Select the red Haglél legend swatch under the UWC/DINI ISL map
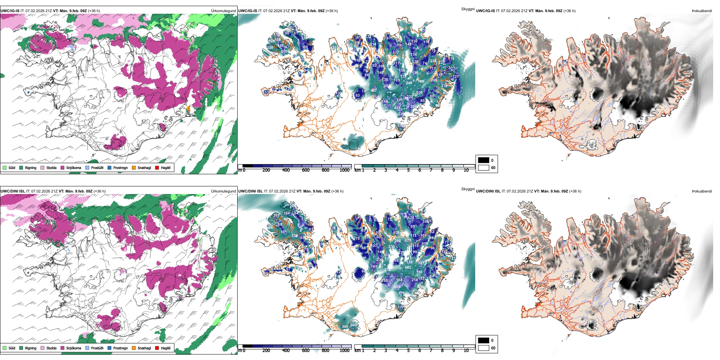coord(157,348)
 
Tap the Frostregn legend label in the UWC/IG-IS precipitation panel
coord(120,167)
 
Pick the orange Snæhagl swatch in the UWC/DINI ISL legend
coord(134,348)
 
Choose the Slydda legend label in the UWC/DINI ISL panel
coord(52,348)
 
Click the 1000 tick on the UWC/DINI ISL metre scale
coord(344,350)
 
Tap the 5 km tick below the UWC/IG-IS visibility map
coord(408,170)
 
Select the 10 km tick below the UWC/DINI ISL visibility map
coord(466,350)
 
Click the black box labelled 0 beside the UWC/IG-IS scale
coord(484,160)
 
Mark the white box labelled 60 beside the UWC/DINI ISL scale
coord(484,348)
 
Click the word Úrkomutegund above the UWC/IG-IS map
coord(223,11)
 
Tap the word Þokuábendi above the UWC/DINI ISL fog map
coord(702,191)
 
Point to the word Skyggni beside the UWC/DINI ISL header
coord(468,189)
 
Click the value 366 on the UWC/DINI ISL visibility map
coord(345,327)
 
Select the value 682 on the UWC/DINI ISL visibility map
coord(408,268)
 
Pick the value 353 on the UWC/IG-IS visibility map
coord(397,108)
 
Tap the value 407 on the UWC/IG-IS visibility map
coord(374,90)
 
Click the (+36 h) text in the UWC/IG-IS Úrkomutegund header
coord(94,11)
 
